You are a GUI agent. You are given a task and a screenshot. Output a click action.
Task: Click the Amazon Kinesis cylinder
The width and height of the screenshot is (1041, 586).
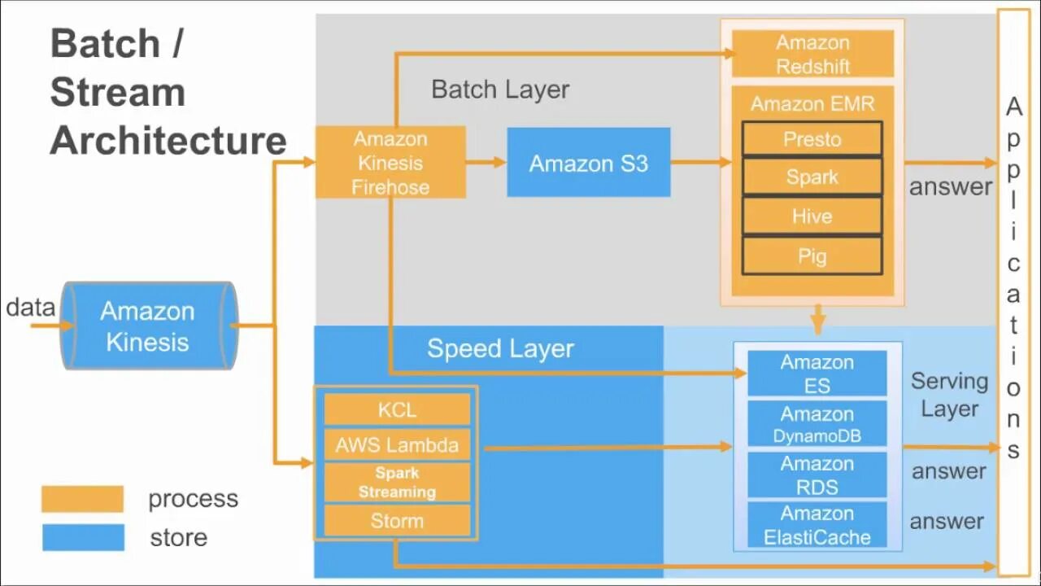[148, 326]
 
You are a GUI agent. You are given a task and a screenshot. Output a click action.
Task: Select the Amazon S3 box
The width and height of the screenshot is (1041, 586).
[588, 163]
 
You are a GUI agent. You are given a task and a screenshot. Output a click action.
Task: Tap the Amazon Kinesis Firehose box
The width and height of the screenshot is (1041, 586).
[390, 162]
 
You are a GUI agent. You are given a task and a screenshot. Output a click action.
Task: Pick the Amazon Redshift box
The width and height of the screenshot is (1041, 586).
[812, 54]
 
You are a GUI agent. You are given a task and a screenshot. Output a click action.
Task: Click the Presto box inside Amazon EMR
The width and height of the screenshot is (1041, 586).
[812, 139]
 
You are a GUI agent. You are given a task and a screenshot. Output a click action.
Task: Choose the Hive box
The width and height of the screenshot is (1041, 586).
[812, 216]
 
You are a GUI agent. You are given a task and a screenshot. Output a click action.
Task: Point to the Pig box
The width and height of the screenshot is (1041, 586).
[812, 256]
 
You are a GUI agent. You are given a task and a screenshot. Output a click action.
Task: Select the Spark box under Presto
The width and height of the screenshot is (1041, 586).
[812, 177]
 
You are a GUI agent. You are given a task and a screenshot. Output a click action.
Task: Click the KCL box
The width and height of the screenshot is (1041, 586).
[397, 409]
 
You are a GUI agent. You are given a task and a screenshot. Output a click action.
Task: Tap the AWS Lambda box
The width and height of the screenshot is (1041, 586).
[397, 445]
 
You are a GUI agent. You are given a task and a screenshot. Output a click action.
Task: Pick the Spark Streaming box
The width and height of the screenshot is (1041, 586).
[397, 483]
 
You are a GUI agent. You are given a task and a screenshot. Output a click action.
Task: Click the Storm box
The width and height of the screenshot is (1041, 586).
[397, 521]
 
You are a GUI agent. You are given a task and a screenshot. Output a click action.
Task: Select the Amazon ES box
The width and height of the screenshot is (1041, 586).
[817, 374]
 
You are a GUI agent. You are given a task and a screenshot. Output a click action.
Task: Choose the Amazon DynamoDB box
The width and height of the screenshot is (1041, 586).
[817, 425]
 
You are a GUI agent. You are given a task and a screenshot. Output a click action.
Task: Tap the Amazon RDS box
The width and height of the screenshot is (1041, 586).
[817, 475]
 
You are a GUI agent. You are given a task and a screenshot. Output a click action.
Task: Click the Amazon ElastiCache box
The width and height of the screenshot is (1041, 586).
[817, 525]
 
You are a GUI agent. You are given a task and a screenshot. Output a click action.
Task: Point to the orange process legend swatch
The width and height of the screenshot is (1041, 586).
[82, 499]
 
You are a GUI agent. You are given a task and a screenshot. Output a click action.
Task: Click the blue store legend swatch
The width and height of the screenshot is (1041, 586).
[82, 537]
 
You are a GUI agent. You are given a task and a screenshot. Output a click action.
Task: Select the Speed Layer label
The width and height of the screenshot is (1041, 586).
[500, 348]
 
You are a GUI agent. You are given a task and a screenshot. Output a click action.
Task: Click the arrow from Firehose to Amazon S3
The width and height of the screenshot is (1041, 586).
[486, 162]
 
